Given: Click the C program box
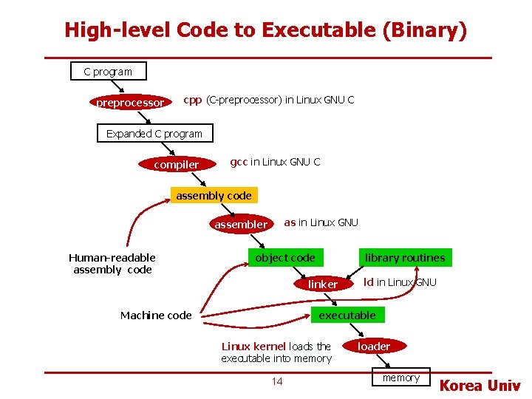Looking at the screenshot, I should coord(108,72).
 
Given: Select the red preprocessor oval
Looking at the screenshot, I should coord(130,103).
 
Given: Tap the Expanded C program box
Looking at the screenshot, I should coord(154,134).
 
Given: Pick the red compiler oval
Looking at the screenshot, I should coord(176,165).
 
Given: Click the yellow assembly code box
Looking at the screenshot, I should coord(214,196).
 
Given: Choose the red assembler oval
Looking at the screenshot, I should coord(241,224).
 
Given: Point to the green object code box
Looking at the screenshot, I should coord(284,258).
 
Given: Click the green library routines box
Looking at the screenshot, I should coord(405,258).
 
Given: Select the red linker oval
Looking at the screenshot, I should coord(322,284).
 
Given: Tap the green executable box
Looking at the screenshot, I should coord(347,316).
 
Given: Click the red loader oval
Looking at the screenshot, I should coord(374,346).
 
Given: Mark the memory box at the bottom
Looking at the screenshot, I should coord(400,378).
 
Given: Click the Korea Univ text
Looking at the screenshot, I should coord(480,386).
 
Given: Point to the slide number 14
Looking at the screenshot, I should coord(277,381).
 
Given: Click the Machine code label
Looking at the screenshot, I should coord(156,316).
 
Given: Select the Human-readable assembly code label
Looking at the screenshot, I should coord(112,264).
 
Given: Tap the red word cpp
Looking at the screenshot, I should coord(192,100).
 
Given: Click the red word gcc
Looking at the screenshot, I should coord(239,162).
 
